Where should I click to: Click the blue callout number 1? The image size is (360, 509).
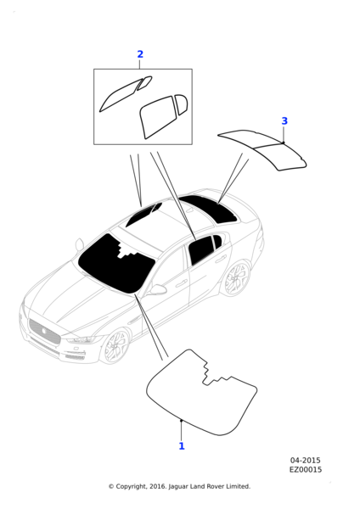(182, 446)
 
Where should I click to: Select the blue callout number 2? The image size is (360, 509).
(140, 54)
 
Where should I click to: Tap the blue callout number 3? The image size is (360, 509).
(284, 121)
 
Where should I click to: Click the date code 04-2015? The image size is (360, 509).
(305, 461)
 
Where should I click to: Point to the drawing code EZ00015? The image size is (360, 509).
(306, 470)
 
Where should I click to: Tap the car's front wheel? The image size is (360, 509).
(115, 346)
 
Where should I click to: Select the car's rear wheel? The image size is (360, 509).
(237, 278)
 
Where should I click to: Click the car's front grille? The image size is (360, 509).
(44, 331)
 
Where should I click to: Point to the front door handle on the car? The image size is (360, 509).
(182, 283)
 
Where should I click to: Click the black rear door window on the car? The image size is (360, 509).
(200, 249)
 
